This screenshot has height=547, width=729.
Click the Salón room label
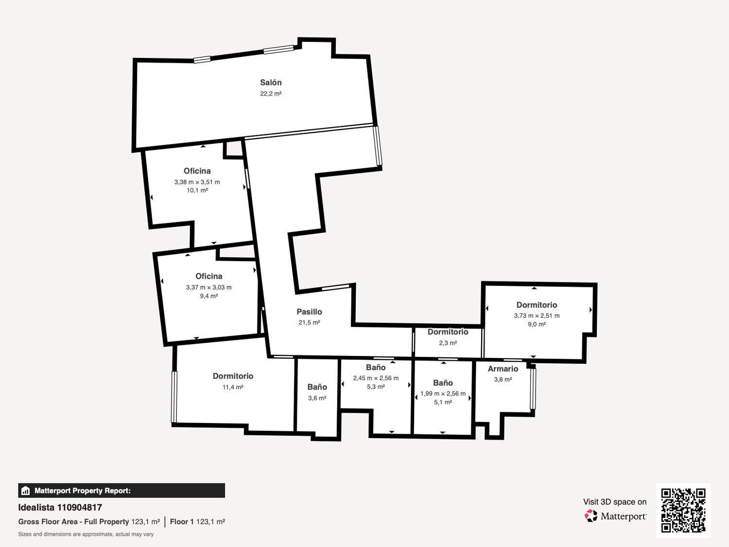(x=271, y=82)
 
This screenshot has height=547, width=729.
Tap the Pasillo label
(x=309, y=312)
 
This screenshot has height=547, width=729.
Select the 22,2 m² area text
(x=271, y=94)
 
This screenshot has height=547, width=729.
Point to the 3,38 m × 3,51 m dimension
(x=197, y=182)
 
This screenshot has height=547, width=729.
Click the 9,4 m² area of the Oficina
(x=209, y=296)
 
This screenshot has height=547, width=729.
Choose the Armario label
(x=503, y=369)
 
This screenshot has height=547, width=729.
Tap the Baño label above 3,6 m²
(x=317, y=387)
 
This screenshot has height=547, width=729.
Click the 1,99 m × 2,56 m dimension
(x=443, y=393)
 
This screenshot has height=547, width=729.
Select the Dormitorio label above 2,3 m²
(x=448, y=332)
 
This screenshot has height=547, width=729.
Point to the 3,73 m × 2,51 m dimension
(x=537, y=316)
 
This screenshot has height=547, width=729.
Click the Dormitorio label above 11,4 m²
(x=233, y=376)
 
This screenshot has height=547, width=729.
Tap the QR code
(x=683, y=511)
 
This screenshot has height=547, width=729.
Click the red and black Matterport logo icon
(x=591, y=516)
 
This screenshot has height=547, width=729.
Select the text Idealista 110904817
(x=60, y=508)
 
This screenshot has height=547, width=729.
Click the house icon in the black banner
(x=26, y=491)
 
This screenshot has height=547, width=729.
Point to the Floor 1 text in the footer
(x=182, y=522)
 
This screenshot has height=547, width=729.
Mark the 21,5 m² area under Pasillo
(x=309, y=322)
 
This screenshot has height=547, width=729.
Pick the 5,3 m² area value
(x=376, y=387)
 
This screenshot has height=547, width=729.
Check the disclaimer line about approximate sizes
(x=86, y=534)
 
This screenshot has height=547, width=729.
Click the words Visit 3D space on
(x=615, y=502)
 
